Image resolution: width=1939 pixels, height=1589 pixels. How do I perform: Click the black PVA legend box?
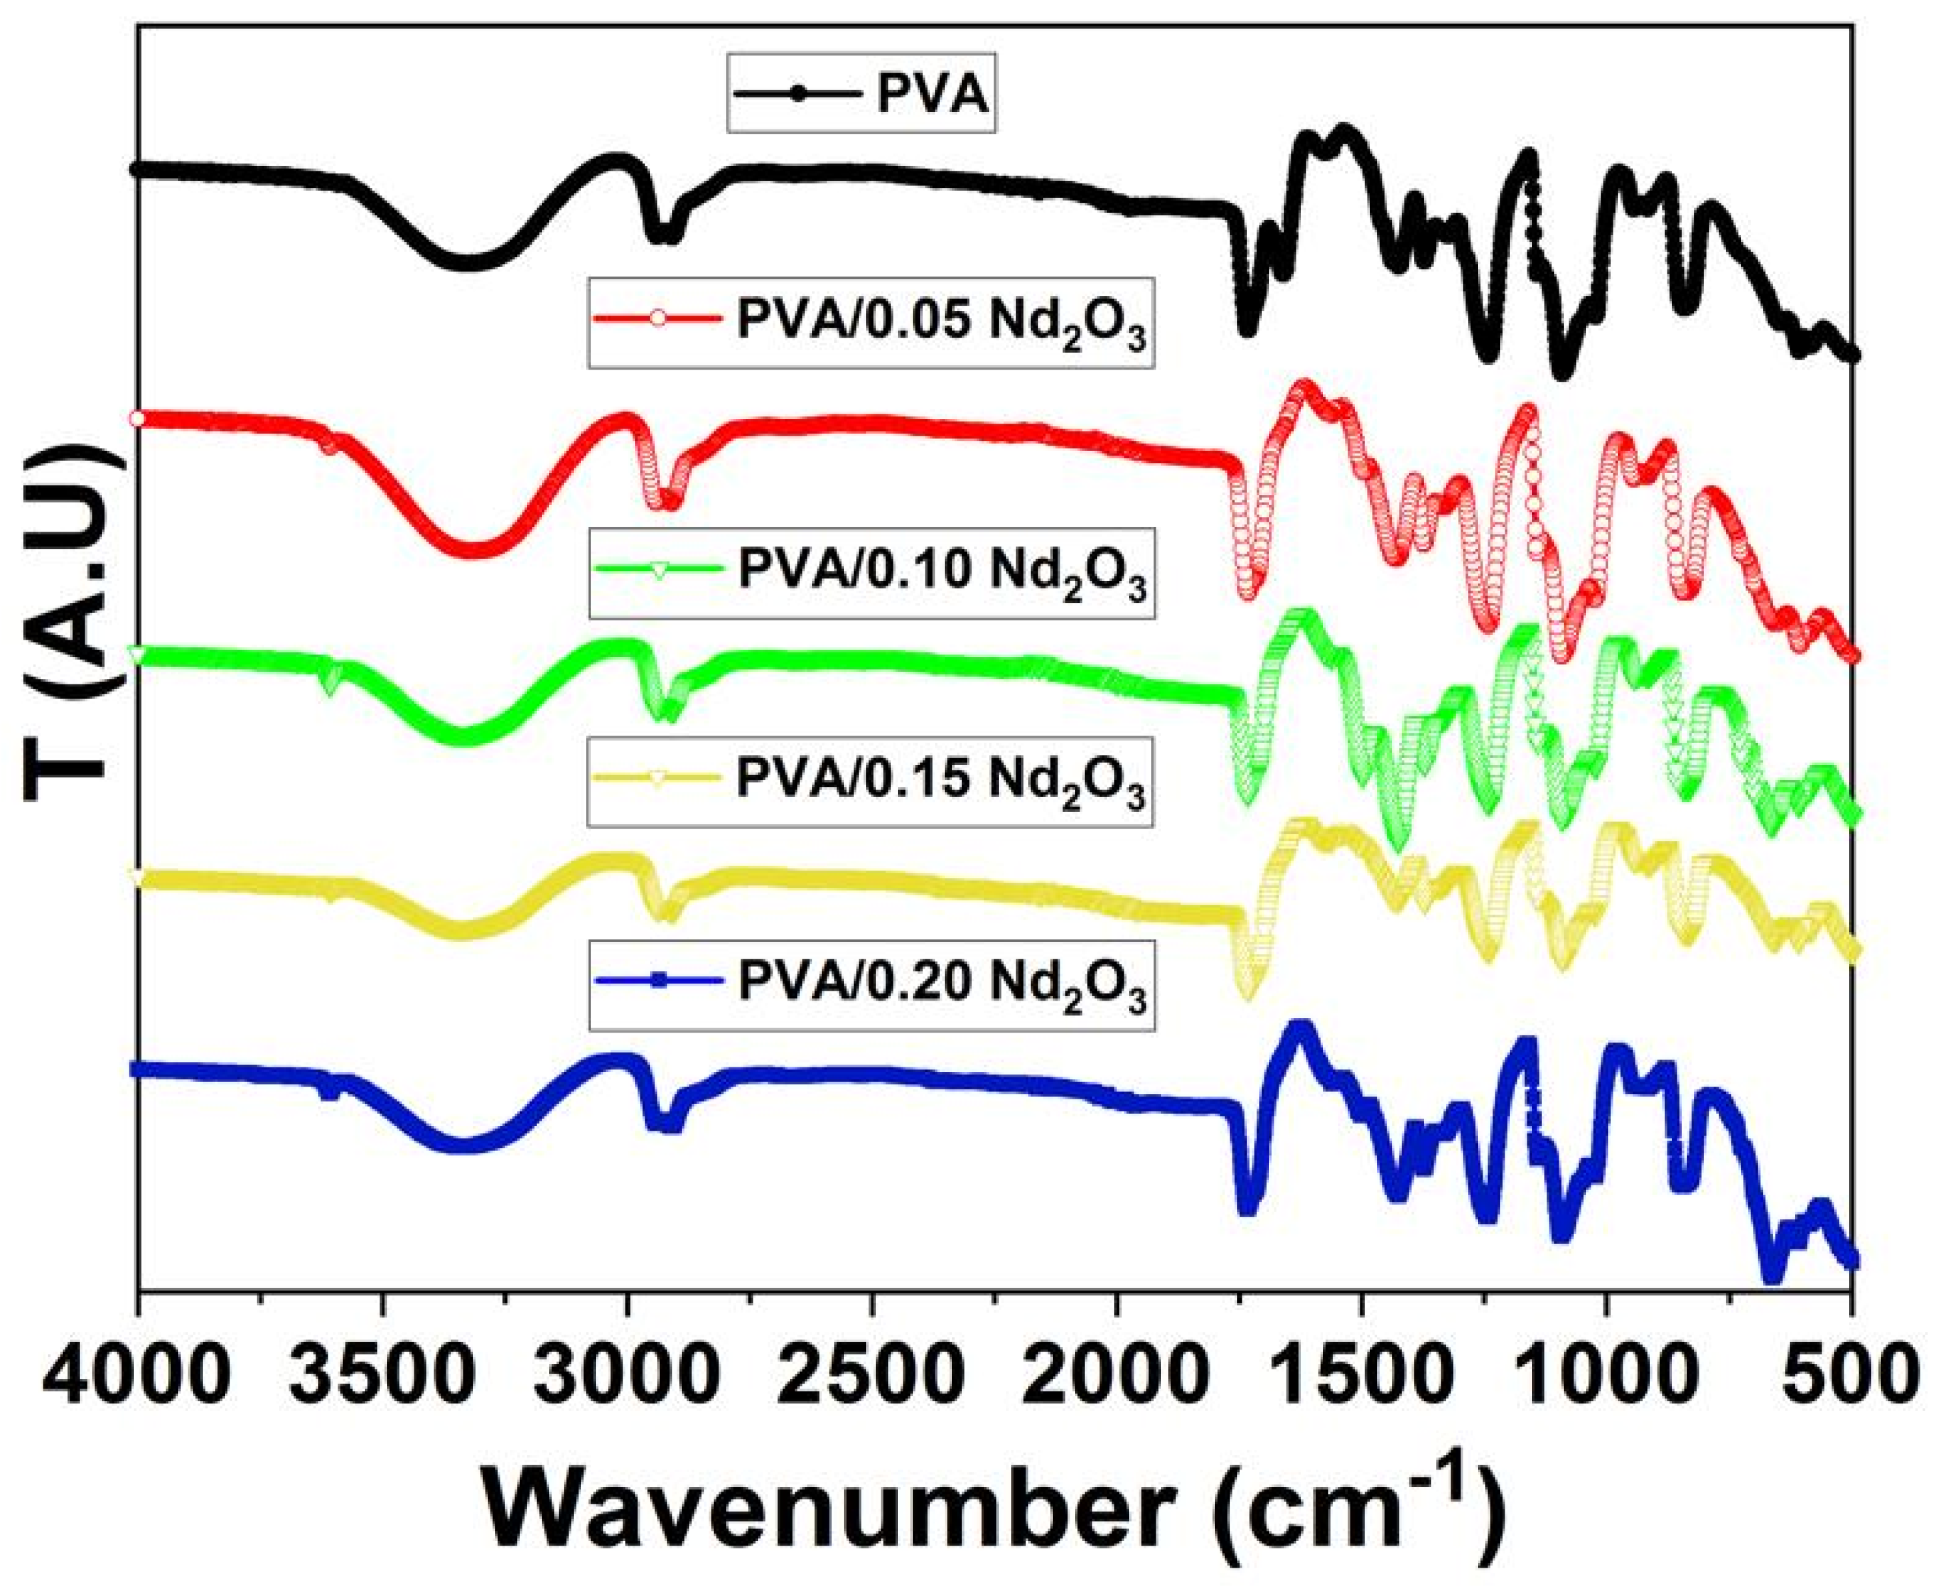pos(861,94)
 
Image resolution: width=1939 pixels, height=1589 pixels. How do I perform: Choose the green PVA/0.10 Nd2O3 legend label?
pos(942,572)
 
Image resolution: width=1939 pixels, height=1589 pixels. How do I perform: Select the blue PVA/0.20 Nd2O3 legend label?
pos(942,986)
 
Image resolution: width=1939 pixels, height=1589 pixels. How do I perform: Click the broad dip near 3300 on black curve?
pos(467,263)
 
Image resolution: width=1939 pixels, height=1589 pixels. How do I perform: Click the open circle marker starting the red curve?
pos(137,418)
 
